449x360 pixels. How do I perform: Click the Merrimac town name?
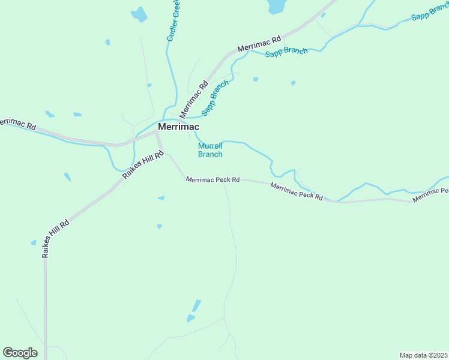178,127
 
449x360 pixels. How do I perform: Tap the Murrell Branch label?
210,150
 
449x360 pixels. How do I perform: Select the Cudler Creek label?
173,21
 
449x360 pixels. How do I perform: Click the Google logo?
20,353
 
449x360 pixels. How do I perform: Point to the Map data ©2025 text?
423,355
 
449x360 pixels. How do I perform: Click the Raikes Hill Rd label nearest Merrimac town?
143,166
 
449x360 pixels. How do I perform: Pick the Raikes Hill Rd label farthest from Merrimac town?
55,239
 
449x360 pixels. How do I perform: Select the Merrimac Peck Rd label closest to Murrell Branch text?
212,179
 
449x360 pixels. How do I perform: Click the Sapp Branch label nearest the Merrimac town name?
215,97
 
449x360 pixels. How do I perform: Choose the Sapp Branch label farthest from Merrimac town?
429,14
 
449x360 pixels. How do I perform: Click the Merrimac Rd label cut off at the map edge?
18,125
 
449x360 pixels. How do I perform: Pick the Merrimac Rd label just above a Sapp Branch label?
259,44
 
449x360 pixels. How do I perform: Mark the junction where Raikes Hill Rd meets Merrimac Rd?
157,133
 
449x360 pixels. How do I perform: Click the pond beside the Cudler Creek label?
140,14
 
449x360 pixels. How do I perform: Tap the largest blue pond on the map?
277,6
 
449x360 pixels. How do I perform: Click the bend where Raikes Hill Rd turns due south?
45,259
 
